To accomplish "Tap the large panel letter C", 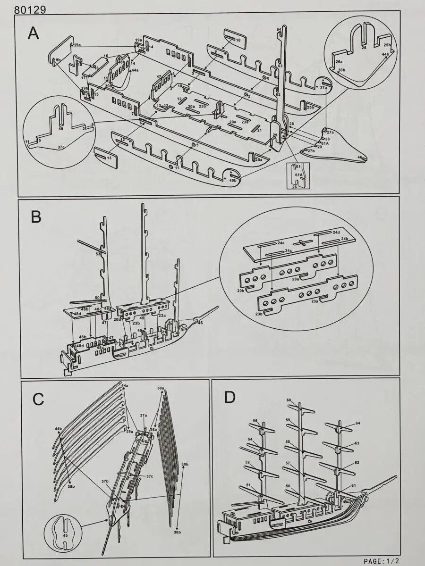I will tap(38, 400).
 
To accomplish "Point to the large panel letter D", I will tap(229, 397).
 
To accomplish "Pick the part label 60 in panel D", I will tap(289, 400).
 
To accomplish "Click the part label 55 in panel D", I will tap(255, 421).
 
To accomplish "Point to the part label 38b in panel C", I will tap(71, 486).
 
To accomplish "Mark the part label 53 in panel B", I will tap(98, 254).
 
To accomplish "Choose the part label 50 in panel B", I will tap(97, 298).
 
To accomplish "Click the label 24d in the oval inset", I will tap(336, 233).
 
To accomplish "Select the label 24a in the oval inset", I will tap(281, 243).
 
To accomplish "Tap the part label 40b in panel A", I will tap(233, 180).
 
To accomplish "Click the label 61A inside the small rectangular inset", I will tap(298, 174).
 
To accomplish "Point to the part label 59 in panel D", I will tap(288, 420).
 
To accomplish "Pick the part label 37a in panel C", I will tap(144, 415).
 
